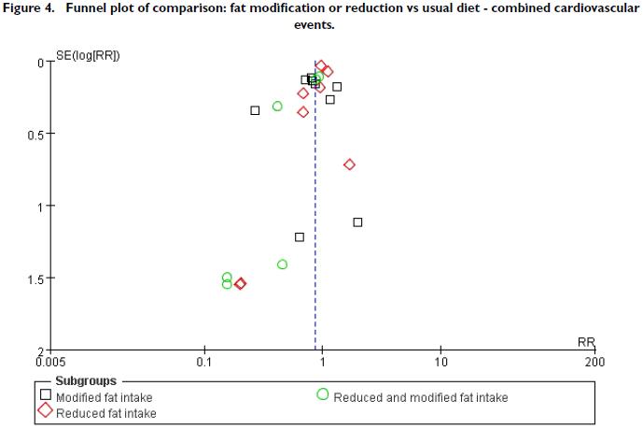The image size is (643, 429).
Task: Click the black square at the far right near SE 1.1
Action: tap(357, 222)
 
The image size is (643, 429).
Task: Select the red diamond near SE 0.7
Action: tap(350, 164)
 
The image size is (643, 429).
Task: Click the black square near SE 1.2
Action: tap(300, 236)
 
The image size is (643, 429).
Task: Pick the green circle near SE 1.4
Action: tap(283, 265)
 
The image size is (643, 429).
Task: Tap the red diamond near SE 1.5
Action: tap(241, 283)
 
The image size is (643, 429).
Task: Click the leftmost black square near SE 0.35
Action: tap(255, 110)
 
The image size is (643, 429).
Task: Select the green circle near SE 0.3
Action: tap(277, 106)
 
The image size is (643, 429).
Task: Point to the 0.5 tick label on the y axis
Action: tap(35, 135)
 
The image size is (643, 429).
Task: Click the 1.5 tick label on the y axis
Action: tap(35, 279)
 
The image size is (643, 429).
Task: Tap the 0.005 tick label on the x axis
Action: tap(49, 360)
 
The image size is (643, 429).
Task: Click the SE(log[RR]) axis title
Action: tap(91, 55)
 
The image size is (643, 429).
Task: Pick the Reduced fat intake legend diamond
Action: tap(45, 411)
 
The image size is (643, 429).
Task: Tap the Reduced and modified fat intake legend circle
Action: tap(322, 395)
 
